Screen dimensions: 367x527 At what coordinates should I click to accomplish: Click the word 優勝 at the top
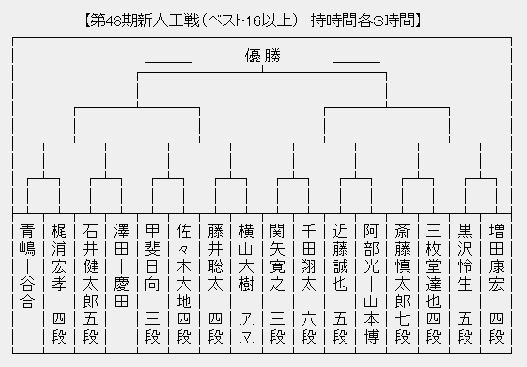263,56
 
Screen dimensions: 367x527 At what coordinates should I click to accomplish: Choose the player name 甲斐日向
152,253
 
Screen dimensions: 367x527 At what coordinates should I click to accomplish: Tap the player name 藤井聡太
215,253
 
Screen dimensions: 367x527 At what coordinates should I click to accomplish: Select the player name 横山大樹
246,253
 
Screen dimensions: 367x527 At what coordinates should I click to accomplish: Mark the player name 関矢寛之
277,253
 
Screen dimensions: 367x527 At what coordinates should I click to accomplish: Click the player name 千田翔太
308,253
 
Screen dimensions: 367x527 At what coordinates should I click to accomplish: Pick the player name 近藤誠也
340,253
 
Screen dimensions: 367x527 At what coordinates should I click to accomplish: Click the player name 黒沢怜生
465,253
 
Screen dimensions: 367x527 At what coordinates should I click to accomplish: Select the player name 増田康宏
496,253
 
